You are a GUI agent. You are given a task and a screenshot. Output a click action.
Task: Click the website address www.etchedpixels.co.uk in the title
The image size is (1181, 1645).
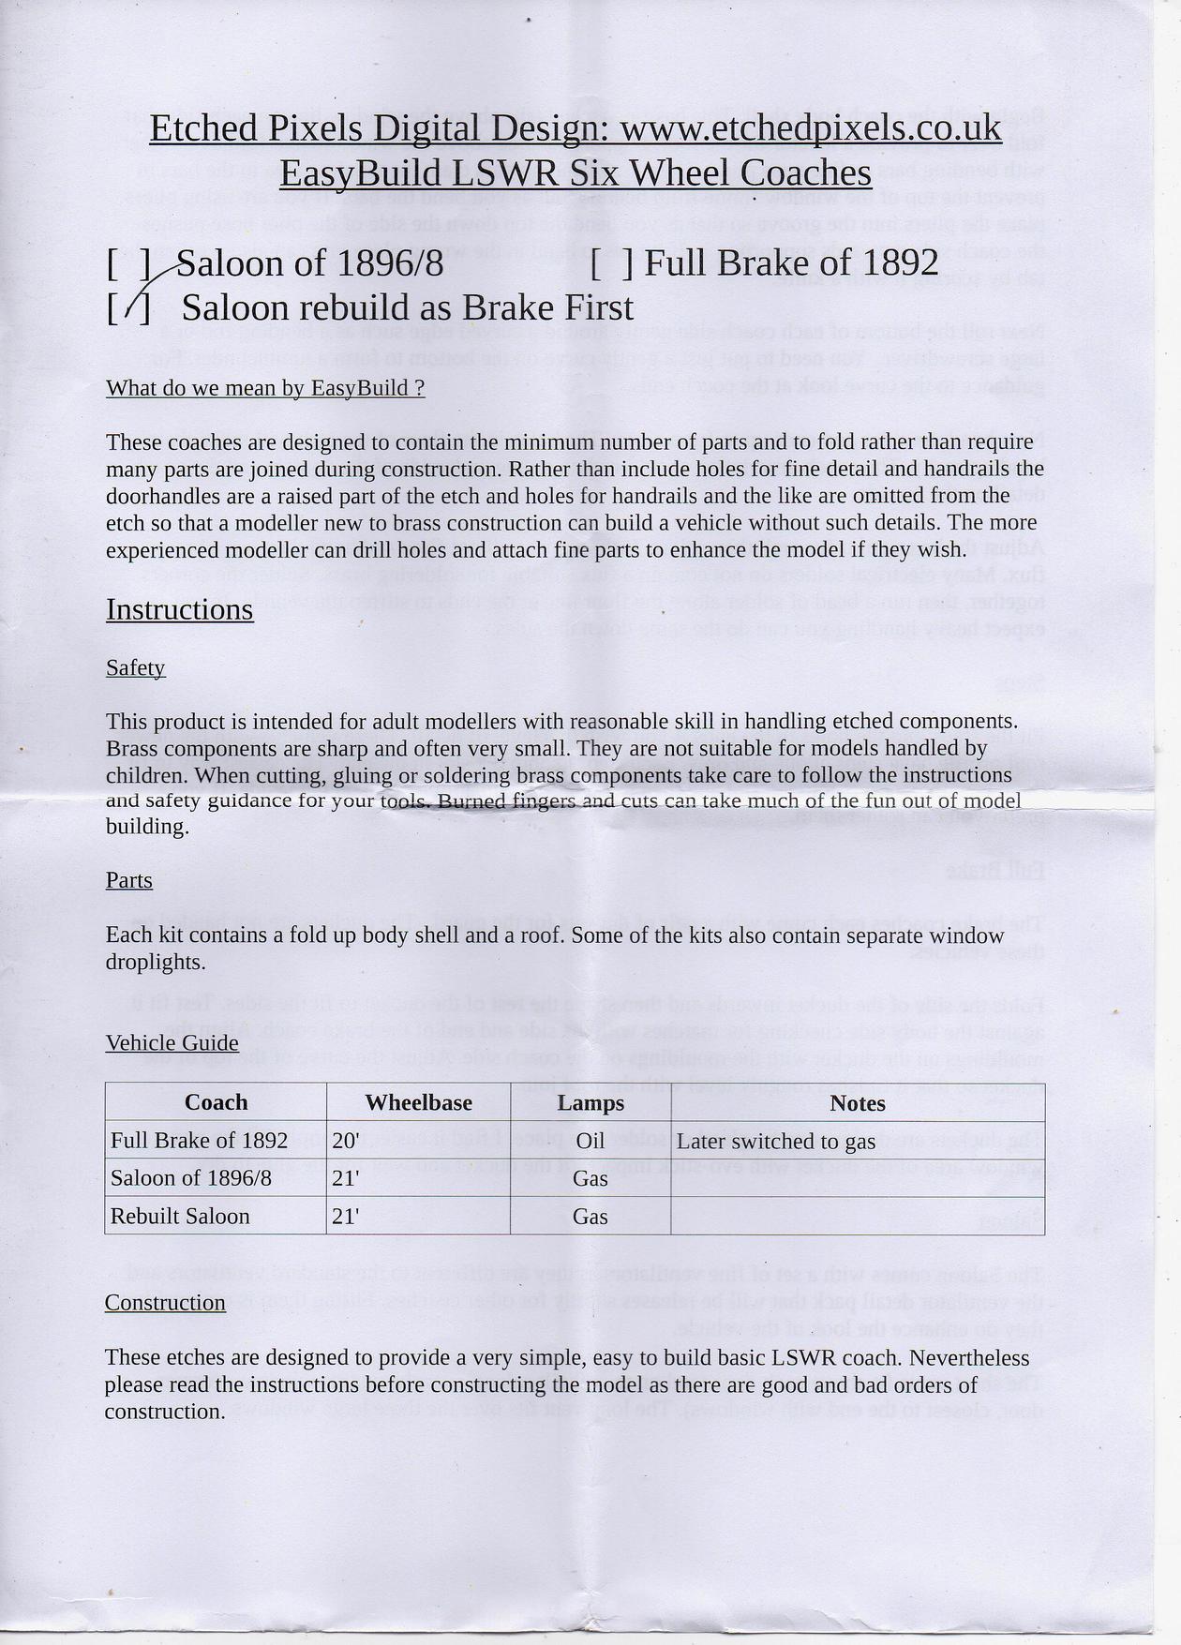812,129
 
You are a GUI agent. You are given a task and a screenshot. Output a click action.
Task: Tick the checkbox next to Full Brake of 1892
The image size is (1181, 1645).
613,263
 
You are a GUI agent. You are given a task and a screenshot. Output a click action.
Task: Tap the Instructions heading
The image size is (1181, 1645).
179,609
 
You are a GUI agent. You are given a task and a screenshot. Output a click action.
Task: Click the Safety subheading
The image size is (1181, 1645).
135,667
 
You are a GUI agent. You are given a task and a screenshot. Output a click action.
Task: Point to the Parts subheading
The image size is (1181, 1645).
128,880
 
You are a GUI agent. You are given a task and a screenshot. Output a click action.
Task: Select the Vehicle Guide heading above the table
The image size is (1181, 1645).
172,1043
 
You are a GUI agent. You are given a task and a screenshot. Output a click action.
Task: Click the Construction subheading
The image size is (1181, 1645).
165,1303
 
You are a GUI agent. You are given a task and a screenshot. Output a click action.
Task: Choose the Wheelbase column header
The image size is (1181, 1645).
418,1102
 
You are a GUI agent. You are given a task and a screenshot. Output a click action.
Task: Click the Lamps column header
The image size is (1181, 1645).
590,1102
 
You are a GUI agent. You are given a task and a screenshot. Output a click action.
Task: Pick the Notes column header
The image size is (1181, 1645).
858,1103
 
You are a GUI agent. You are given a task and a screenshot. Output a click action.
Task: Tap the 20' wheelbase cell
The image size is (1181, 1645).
347,1141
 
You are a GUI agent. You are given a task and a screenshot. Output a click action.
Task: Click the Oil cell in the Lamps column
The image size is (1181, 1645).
590,1141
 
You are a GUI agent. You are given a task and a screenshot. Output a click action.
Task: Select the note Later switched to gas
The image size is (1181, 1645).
775,1142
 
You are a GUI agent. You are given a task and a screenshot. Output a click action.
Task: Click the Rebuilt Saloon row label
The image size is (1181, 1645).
180,1217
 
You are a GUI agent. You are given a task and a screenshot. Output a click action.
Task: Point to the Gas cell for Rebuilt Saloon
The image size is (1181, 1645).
590,1217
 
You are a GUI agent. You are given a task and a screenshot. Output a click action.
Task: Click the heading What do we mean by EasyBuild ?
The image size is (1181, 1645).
265,388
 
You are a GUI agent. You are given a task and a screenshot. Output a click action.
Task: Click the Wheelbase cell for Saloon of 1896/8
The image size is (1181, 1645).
347,1178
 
